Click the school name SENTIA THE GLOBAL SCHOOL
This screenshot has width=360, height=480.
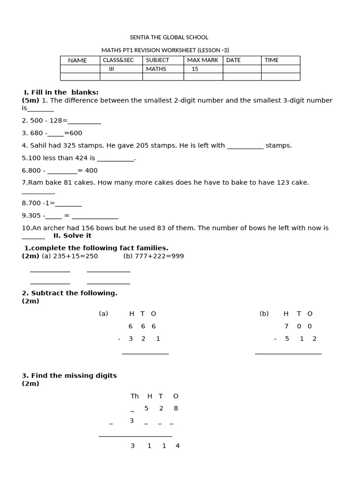coord(169,37)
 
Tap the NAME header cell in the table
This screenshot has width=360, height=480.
coord(77,60)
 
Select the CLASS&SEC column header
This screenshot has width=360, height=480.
coord(118,60)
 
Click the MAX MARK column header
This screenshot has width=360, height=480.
coord(202,60)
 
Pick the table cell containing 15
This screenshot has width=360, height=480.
coord(195,69)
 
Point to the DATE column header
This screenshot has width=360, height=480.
coord(233,60)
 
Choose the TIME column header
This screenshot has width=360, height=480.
coord(271,60)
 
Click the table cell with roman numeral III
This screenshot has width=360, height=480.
coord(112,69)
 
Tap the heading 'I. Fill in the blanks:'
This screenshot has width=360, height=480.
coord(61,92)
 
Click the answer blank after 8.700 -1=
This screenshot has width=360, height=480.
coord(68,203)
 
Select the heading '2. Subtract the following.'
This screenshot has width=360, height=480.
coord(69,293)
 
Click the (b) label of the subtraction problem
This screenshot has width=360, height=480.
coord(264,314)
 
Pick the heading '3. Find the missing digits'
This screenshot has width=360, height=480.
coord(69,375)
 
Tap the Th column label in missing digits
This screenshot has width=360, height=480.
coord(135,396)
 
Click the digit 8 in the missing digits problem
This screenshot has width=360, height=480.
coord(176,408)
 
